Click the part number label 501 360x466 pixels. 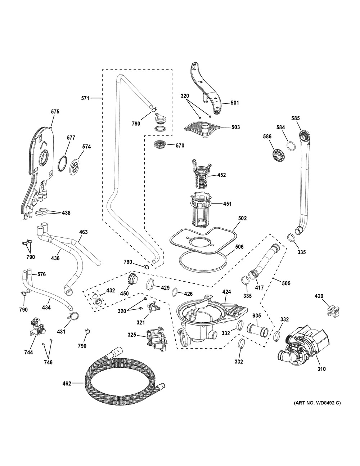(x=234, y=103)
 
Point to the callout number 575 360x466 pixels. (x=55, y=112)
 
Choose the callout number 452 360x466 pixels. (x=221, y=175)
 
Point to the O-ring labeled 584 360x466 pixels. (x=291, y=145)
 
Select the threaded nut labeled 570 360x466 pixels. (x=159, y=145)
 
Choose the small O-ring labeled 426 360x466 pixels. (x=174, y=291)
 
